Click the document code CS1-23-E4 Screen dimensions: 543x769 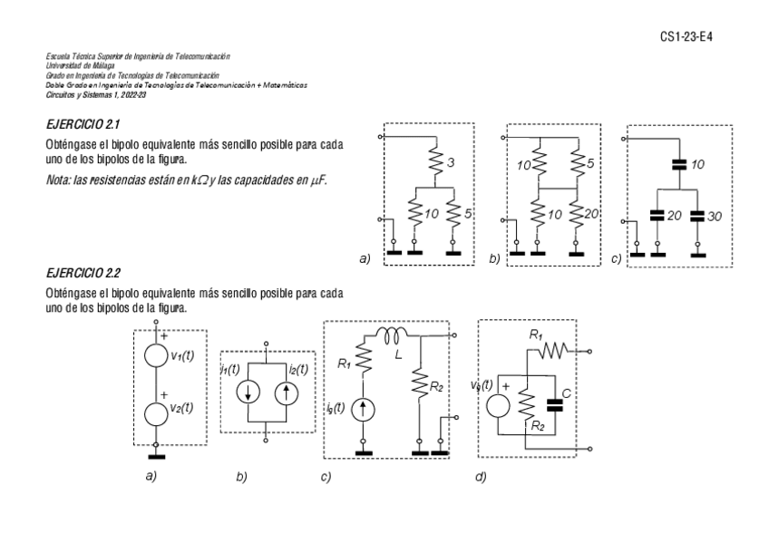(x=689, y=35)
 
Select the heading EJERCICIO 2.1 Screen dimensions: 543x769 (x=83, y=122)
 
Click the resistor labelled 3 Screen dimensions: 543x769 (x=433, y=164)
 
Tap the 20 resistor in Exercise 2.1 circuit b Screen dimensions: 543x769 (x=578, y=215)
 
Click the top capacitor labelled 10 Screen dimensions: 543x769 (x=677, y=165)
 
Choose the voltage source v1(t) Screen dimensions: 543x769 (x=158, y=355)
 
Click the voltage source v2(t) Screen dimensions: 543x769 (x=158, y=411)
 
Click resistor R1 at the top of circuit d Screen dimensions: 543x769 (x=556, y=351)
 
